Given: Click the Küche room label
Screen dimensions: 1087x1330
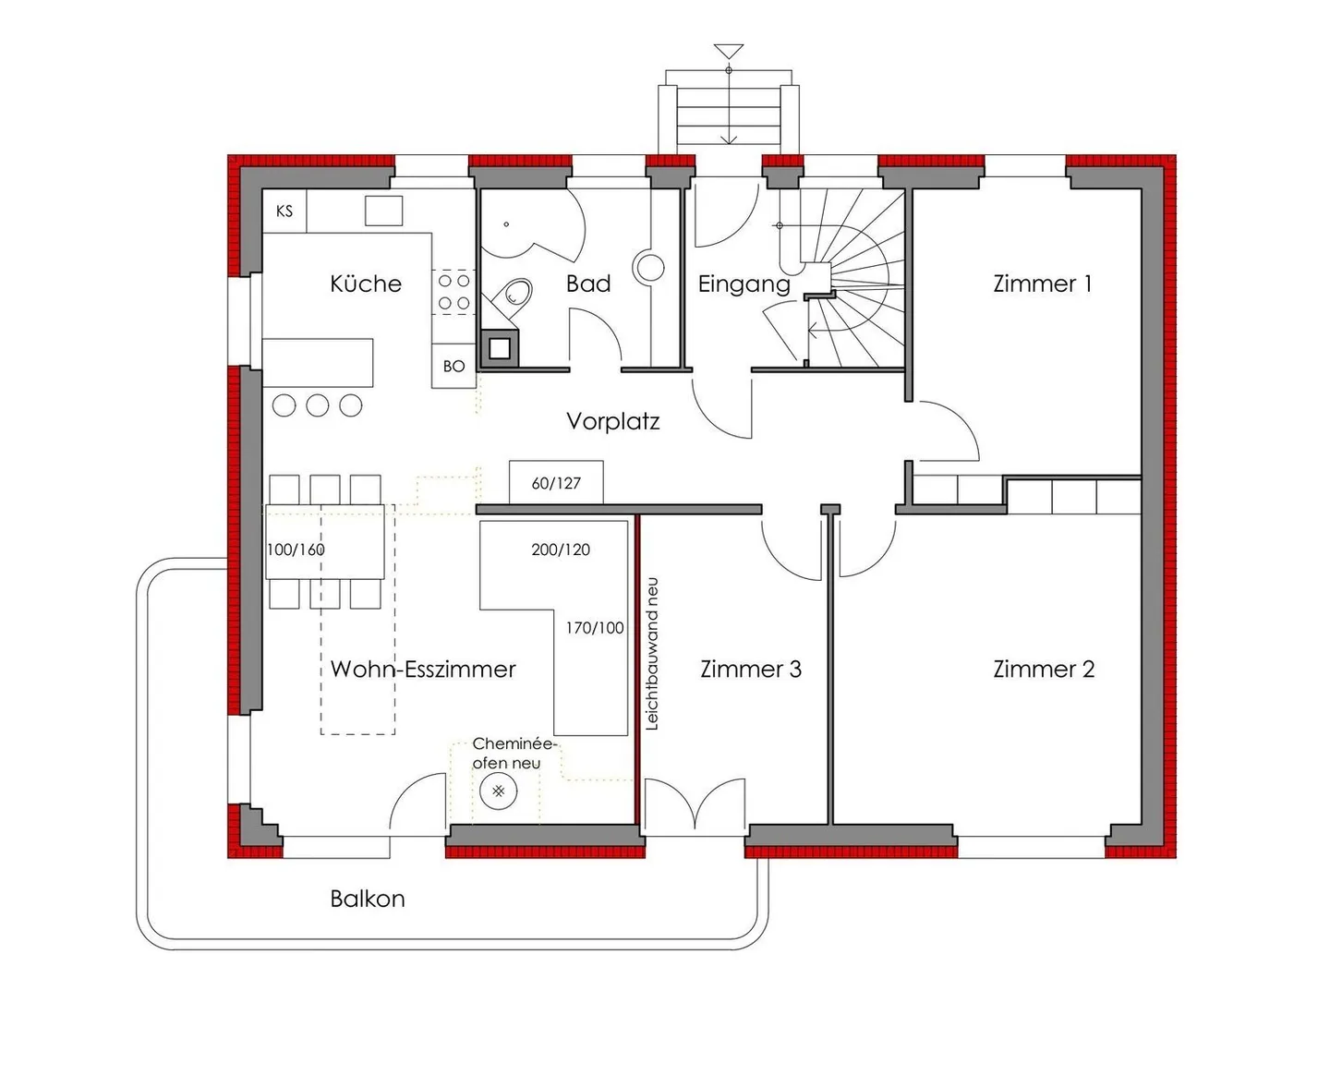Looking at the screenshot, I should pyautogui.click(x=366, y=284).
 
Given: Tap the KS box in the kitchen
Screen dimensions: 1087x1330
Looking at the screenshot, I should pyautogui.click(x=284, y=211).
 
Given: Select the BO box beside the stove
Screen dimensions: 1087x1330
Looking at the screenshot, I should pyautogui.click(x=453, y=367).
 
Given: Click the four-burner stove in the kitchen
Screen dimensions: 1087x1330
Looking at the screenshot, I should pyautogui.click(x=453, y=291).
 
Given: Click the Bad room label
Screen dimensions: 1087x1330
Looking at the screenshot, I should pyautogui.click(x=588, y=284).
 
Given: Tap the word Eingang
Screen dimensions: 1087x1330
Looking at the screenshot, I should pyautogui.click(x=744, y=284).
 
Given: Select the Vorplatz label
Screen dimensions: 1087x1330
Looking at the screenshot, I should pyautogui.click(x=612, y=422).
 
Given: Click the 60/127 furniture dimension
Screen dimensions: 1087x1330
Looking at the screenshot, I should pyautogui.click(x=556, y=483).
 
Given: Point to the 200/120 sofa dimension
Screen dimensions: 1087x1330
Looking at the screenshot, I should pyautogui.click(x=561, y=550).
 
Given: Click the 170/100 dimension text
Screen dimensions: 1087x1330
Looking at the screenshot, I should pyautogui.click(x=595, y=628).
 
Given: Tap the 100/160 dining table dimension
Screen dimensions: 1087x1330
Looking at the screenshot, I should pyautogui.click(x=296, y=550).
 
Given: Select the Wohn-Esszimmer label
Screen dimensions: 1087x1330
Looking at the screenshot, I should pyautogui.click(x=423, y=669).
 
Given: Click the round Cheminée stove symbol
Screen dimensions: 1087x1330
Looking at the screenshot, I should pyautogui.click(x=499, y=791).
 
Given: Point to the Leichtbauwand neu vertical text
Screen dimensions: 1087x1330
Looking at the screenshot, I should pyautogui.click(x=652, y=654).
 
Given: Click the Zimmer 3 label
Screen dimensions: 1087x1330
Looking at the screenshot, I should pyautogui.click(x=751, y=669).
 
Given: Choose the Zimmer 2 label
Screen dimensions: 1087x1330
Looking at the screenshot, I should pyautogui.click(x=1044, y=669).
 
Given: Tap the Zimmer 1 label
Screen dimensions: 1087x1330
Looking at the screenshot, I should pyautogui.click(x=1043, y=284).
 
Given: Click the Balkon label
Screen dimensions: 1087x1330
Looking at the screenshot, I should pyautogui.click(x=368, y=899).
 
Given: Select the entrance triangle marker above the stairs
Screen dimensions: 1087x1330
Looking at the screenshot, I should pyautogui.click(x=729, y=51).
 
